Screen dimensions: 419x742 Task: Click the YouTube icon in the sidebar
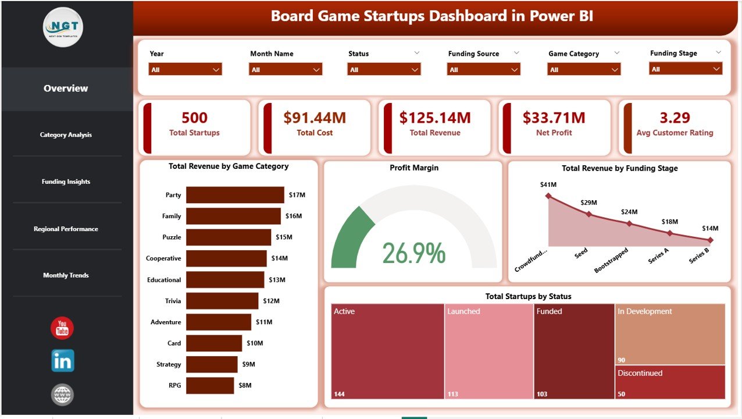62,328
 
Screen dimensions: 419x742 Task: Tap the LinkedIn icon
62,361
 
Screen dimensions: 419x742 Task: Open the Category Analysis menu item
66,135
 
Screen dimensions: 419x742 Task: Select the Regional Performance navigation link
66,229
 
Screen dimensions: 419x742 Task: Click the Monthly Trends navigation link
66,275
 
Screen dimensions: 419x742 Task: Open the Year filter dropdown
185,70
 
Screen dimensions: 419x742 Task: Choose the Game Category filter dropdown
584,70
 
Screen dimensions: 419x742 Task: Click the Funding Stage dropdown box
686,69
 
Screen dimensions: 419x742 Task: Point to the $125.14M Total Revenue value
435,118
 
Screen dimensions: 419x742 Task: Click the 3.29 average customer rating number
675,118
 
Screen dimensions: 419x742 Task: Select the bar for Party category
235,195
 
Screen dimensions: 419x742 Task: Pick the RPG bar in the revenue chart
211,385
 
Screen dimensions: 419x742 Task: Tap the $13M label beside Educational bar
277,280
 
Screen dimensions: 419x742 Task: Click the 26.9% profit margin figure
414,253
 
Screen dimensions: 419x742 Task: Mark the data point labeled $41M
548,196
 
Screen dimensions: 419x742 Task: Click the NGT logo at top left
63,27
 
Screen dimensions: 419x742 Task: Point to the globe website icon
62,395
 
